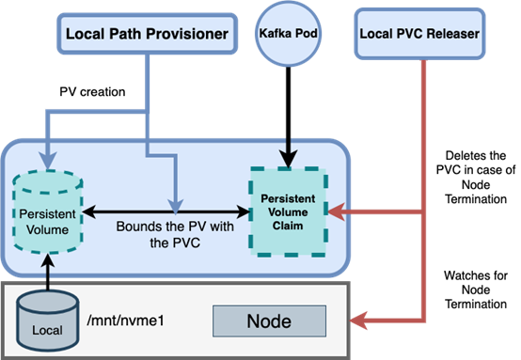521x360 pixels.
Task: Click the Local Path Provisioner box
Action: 147,35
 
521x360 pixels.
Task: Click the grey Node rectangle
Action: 268,321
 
